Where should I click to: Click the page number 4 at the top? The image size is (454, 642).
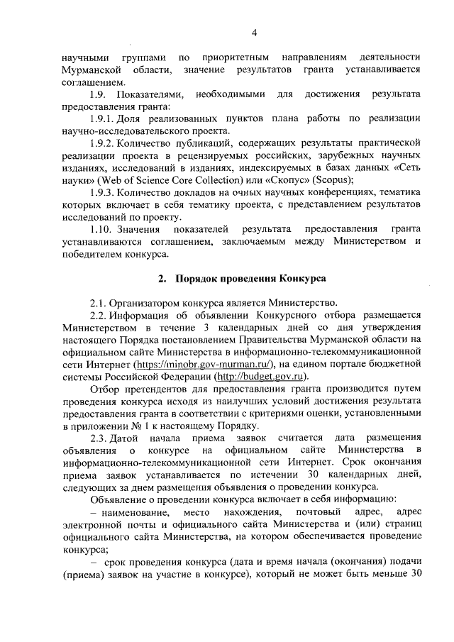254,32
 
